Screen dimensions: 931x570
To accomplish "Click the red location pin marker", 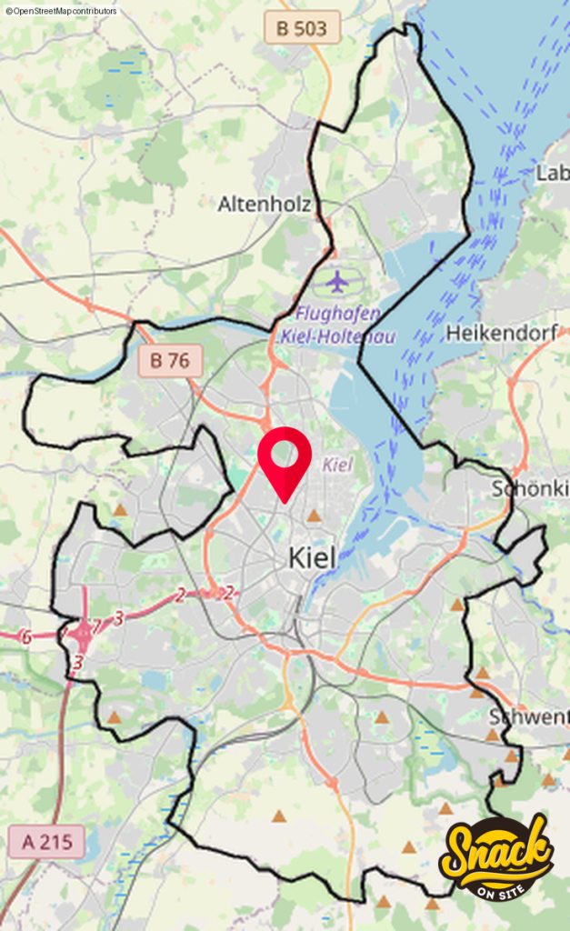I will (285, 460).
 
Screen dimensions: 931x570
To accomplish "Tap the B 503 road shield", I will (307, 28).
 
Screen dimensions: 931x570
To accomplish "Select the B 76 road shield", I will (170, 361).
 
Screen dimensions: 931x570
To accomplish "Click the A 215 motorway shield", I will (46, 842).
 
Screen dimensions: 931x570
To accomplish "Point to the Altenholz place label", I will (264, 205).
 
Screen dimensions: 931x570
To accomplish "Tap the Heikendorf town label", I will (501, 334).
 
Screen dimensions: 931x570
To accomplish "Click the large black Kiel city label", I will (312, 557).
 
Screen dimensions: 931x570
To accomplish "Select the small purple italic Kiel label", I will (337, 465).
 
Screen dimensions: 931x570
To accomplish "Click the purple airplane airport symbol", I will (338, 281).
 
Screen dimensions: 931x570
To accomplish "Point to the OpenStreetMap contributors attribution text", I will (61, 11).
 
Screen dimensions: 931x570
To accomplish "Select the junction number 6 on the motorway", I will (26, 636).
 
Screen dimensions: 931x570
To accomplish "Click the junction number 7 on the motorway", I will (96, 626).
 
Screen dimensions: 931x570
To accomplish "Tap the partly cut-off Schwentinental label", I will (528, 717).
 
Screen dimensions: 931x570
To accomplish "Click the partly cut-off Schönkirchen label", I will (530, 487).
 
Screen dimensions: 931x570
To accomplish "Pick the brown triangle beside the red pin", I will (314, 516).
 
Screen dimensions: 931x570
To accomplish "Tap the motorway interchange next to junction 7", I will (85, 628).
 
